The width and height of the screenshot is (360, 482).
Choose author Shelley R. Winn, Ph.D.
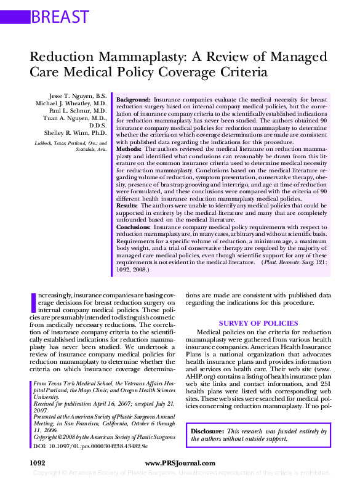tap(75, 133)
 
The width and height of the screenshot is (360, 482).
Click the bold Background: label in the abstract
tap(134, 99)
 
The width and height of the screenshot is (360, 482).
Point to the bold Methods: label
tap(129, 149)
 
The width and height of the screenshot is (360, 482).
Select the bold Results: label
tap(128, 205)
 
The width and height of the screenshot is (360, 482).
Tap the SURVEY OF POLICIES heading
tap(258, 323)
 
